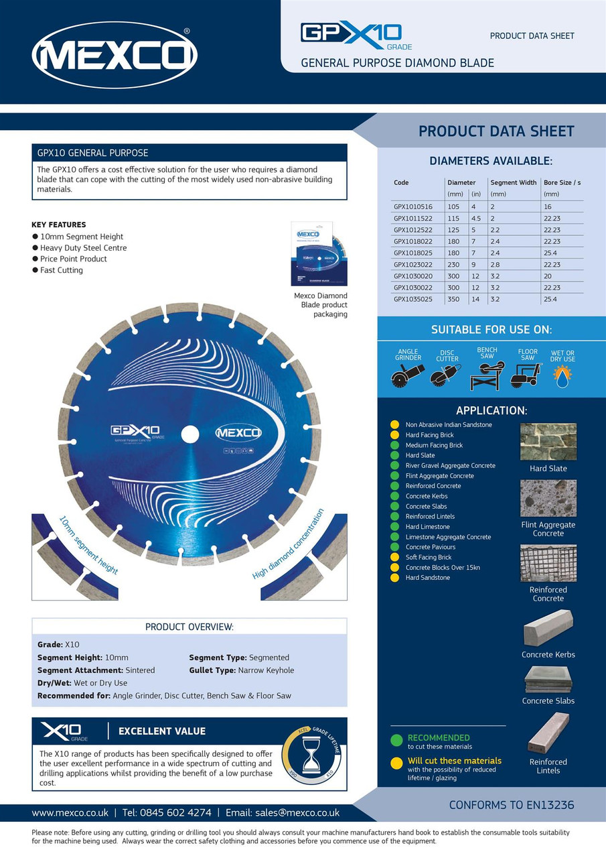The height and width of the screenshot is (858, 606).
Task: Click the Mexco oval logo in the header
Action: pyautogui.click(x=115, y=55)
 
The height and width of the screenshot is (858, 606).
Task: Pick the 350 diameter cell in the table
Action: pyautogui.click(x=453, y=299)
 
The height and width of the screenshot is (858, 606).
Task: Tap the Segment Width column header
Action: pyautogui.click(x=513, y=182)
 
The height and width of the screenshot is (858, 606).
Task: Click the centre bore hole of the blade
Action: pyautogui.click(x=190, y=434)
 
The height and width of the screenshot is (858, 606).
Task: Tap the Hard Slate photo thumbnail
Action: pyautogui.click(x=548, y=442)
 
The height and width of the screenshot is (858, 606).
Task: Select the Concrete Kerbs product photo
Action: pyautogui.click(x=548, y=628)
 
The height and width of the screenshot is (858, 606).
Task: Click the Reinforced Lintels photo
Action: pyautogui.click(x=548, y=733)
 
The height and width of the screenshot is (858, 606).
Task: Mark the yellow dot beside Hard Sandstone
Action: pyautogui.click(x=394, y=578)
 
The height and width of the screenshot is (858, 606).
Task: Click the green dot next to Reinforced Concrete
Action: pyautogui.click(x=394, y=486)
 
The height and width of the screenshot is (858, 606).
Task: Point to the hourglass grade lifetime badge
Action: pyautogui.click(x=311, y=753)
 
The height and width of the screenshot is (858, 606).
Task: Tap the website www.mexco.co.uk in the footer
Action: pyautogui.click(x=70, y=812)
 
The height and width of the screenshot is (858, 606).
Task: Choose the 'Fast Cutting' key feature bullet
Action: pyautogui.click(x=61, y=270)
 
